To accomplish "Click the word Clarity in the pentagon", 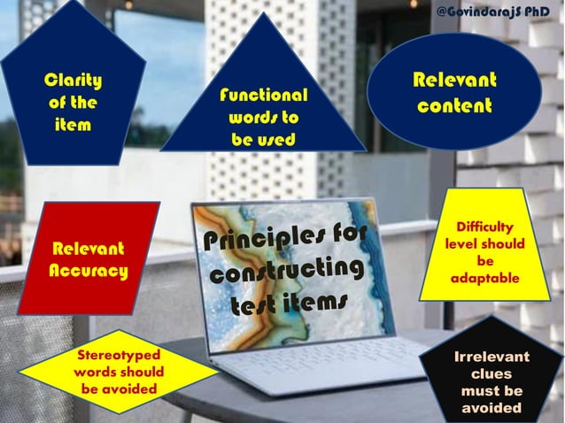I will click(73, 81).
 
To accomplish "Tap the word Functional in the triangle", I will click(263, 96).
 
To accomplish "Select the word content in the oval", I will click(455, 107).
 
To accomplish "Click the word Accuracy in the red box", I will click(88, 270).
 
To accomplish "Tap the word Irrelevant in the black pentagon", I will click(491, 357).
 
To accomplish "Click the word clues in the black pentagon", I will click(491, 374).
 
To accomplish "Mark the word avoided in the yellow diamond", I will click(119, 388).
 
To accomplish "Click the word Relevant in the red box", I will click(89, 249).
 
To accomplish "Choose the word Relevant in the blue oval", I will click(455, 81).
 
